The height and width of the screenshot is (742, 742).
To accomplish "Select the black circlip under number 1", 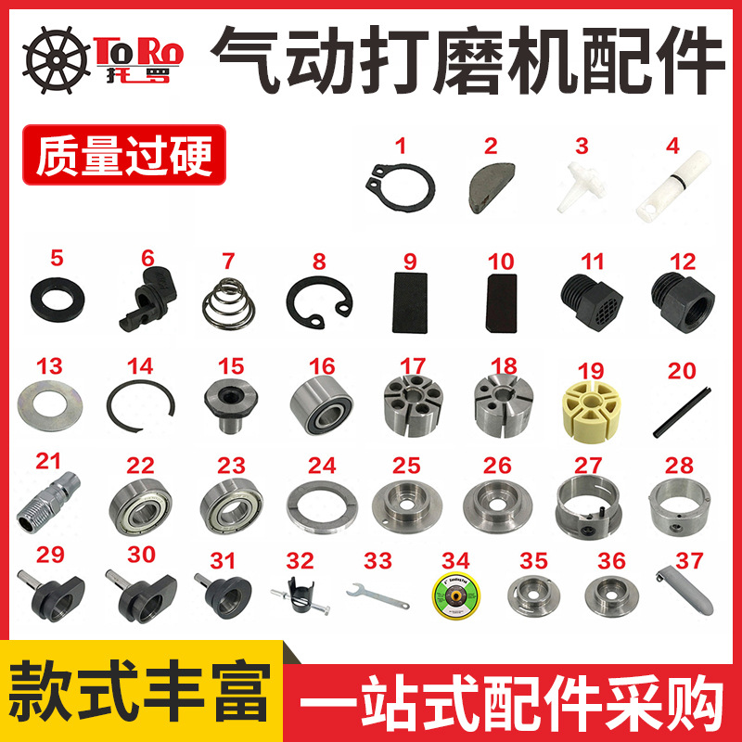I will (400, 185).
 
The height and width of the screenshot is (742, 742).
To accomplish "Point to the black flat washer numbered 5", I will (58, 297).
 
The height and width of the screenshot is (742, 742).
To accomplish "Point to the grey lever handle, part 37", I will (687, 595).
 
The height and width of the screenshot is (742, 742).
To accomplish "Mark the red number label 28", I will (680, 463).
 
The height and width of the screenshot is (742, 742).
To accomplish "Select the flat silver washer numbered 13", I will (50, 408).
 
